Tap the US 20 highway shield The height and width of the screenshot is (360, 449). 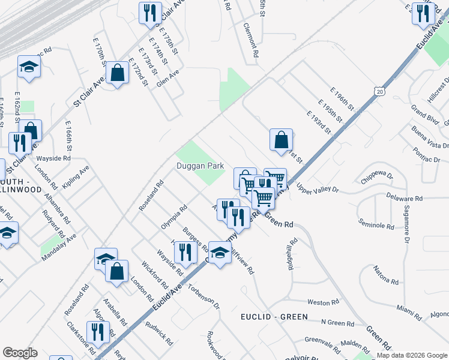click(378, 91)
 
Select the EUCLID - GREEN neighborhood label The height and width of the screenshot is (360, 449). click(274, 316)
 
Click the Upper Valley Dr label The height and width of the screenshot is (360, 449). click(318, 190)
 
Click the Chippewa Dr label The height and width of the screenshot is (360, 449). click(376, 177)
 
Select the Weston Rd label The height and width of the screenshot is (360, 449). click(319, 302)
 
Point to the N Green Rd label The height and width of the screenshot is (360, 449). click(337, 323)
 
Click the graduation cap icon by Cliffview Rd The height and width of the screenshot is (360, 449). click(220, 253)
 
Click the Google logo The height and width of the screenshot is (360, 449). click(20, 353)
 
